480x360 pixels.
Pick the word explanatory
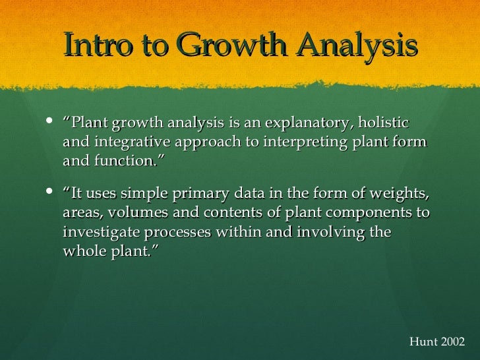pyautogui.click(x=295, y=123)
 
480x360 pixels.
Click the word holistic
pyautogui.click(x=381, y=123)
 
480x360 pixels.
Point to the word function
pyautogui.click(x=128, y=162)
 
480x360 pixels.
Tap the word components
pyautogui.click(x=365, y=214)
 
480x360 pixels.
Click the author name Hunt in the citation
pyautogui.click(x=423, y=342)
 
